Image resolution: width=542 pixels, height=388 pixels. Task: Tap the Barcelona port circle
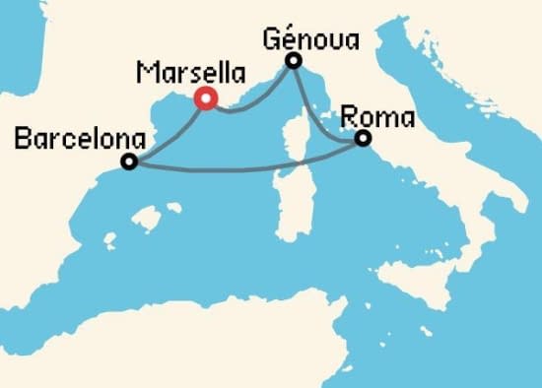(128, 162)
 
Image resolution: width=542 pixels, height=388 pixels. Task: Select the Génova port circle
(293, 62)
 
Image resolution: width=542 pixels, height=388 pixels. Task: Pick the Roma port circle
(363, 139)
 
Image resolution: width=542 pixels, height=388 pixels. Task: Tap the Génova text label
(310, 39)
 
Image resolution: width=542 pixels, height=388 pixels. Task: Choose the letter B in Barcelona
(24, 139)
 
